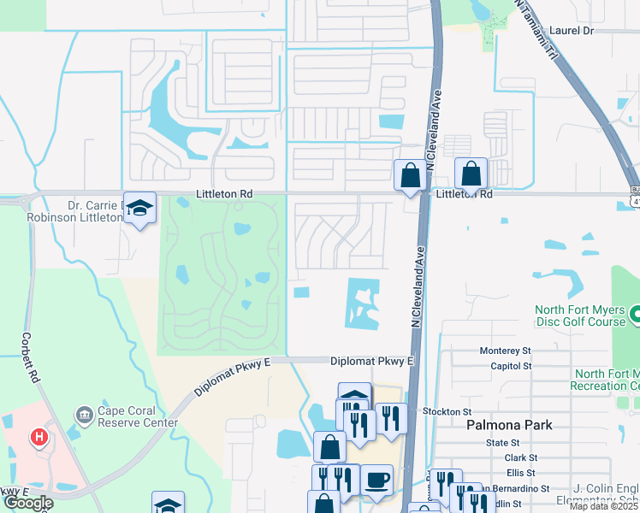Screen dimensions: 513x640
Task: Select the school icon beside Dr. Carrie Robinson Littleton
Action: point(139,208)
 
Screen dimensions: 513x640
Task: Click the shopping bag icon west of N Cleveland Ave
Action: point(410,176)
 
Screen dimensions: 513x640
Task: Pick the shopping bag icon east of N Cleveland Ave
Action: point(471,174)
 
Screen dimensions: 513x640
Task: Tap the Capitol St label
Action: point(511,365)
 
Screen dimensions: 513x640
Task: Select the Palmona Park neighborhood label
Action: point(509,424)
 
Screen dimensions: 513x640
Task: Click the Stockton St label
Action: point(441,411)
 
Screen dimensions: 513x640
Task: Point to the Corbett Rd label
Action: point(32,357)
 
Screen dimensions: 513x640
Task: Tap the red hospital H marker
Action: point(39,438)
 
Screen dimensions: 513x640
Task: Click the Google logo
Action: point(27,503)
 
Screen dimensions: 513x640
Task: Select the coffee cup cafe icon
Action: point(376,480)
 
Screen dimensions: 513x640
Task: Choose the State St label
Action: point(503,443)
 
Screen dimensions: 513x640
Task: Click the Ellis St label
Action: point(520,472)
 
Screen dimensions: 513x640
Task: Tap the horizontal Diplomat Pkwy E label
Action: point(371,362)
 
